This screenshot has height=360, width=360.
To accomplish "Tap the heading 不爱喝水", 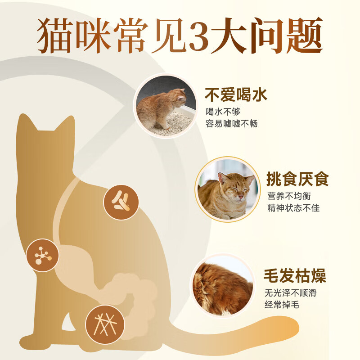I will (236, 95).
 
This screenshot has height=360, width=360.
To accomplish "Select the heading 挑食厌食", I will (297, 180).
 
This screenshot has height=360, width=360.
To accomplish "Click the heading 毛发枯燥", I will (294, 276).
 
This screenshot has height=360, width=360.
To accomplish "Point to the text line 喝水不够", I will (221, 112).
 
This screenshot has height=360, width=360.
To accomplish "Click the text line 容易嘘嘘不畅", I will (231, 123).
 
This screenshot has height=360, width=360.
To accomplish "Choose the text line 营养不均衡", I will (288, 197).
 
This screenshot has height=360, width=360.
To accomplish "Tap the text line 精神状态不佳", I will (293, 208).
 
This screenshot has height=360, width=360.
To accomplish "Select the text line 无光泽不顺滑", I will (290, 293).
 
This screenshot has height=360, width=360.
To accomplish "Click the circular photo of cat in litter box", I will (166, 106).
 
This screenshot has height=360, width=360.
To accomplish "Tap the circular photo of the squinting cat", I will (228, 189).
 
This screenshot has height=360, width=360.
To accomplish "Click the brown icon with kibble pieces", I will (121, 202).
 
